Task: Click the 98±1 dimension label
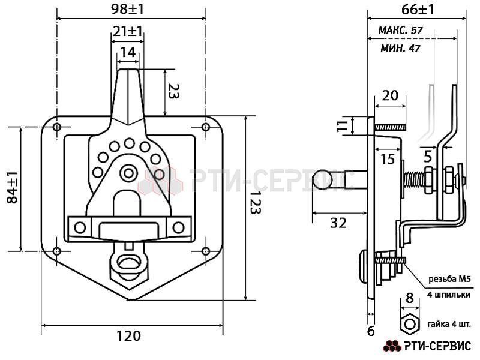click(x=127, y=9)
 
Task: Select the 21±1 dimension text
click(x=127, y=31)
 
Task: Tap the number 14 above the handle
click(x=128, y=52)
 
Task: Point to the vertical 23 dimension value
click(x=173, y=91)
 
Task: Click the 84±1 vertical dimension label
click(x=13, y=187)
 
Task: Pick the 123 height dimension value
click(x=255, y=203)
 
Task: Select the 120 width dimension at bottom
click(x=128, y=336)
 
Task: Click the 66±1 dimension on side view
click(x=418, y=10)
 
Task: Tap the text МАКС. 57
click(x=400, y=30)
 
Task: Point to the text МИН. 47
click(x=400, y=48)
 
